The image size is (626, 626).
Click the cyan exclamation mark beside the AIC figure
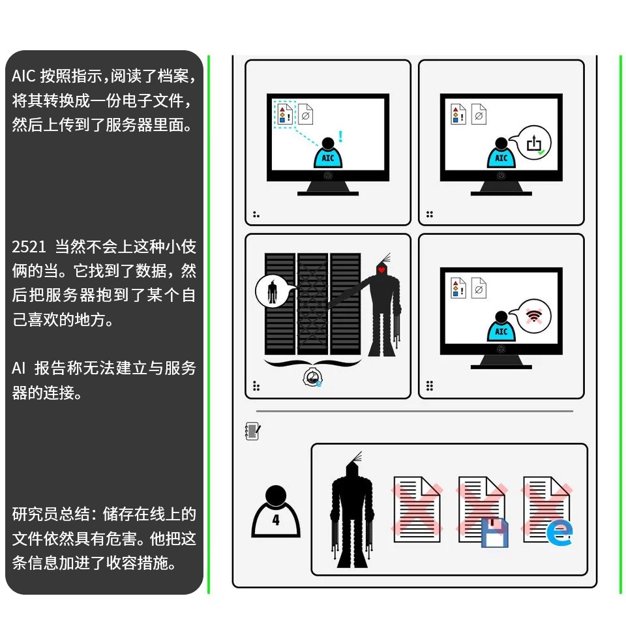(340, 137)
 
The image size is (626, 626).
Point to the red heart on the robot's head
(381, 269)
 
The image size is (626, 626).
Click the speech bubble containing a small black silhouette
(272, 291)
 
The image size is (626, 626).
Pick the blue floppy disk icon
(494, 532)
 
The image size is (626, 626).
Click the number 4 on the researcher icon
(276, 520)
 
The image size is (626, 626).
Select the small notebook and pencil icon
(253, 431)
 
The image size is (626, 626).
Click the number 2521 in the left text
(29, 247)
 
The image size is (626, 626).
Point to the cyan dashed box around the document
(284, 114)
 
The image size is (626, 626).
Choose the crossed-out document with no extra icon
(417, 509)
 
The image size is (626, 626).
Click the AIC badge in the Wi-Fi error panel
(501, 332)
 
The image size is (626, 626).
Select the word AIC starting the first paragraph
(22, 76)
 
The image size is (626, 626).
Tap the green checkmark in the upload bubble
(541, 152)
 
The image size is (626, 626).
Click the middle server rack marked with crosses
(313, 303)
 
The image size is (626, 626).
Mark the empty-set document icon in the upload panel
(479, 115)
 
